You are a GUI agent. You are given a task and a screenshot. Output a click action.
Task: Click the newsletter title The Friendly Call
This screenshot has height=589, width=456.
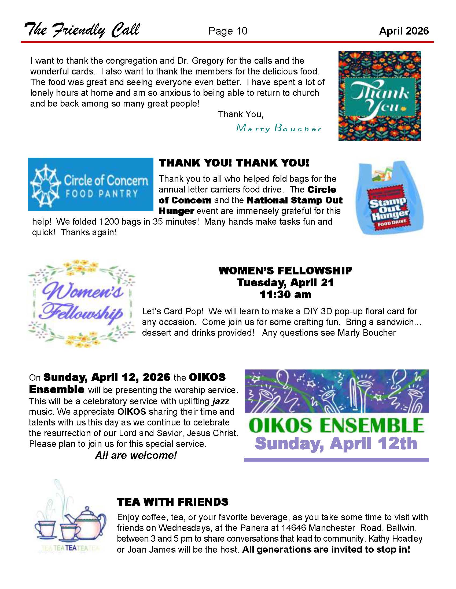point(82,30)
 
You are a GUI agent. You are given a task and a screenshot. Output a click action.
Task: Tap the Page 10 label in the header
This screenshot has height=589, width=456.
point(227,31)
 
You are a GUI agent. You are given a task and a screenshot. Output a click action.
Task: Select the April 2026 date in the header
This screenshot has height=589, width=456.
point(404,31)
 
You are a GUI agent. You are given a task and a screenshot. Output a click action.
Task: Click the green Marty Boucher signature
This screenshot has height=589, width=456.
point(279,128)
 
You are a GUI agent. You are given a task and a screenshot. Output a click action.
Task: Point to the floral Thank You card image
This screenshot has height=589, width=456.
point(380,96)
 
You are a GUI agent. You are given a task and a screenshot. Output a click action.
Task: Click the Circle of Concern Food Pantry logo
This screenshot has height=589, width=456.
point(90,184)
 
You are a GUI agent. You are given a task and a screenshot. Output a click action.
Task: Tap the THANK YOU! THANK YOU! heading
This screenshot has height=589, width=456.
point(234,163)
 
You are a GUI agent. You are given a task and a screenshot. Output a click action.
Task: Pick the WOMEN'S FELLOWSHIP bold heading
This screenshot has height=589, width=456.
point(285,270)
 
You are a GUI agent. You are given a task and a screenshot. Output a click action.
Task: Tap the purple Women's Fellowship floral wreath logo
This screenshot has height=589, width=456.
point(81,303)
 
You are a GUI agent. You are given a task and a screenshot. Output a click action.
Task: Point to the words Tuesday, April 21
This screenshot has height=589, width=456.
point(285,282)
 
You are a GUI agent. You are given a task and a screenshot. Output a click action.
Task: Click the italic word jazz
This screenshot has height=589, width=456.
point(220,401)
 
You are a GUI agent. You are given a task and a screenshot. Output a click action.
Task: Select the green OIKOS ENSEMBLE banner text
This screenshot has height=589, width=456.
point(336,426)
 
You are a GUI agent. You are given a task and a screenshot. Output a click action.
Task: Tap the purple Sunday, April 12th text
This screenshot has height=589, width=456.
point(336,443)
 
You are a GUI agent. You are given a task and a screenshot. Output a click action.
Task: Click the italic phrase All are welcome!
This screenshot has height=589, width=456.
point(136,455)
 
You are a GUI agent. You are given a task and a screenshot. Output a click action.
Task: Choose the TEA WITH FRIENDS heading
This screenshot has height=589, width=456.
point(173,502)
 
